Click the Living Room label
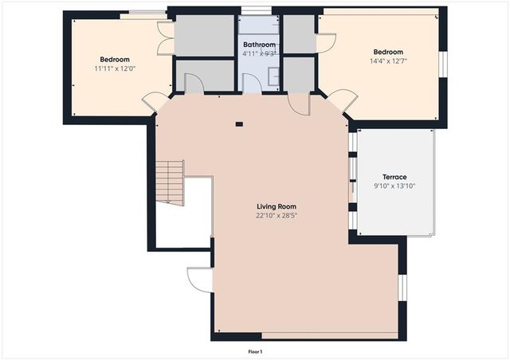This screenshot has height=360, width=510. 276,207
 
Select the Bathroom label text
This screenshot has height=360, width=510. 260,45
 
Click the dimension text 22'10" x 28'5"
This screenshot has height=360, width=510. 276,216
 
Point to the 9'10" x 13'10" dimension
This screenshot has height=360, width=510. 394,186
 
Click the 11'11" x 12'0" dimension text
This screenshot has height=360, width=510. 115,68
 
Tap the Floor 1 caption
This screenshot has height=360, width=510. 255,351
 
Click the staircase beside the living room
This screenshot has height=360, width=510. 170,182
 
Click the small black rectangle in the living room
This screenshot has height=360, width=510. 238,123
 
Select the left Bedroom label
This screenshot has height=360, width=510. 115,60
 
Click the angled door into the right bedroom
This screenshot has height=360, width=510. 342,101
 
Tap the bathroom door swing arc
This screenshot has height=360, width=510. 252,83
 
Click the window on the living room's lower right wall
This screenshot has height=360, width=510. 402,287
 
